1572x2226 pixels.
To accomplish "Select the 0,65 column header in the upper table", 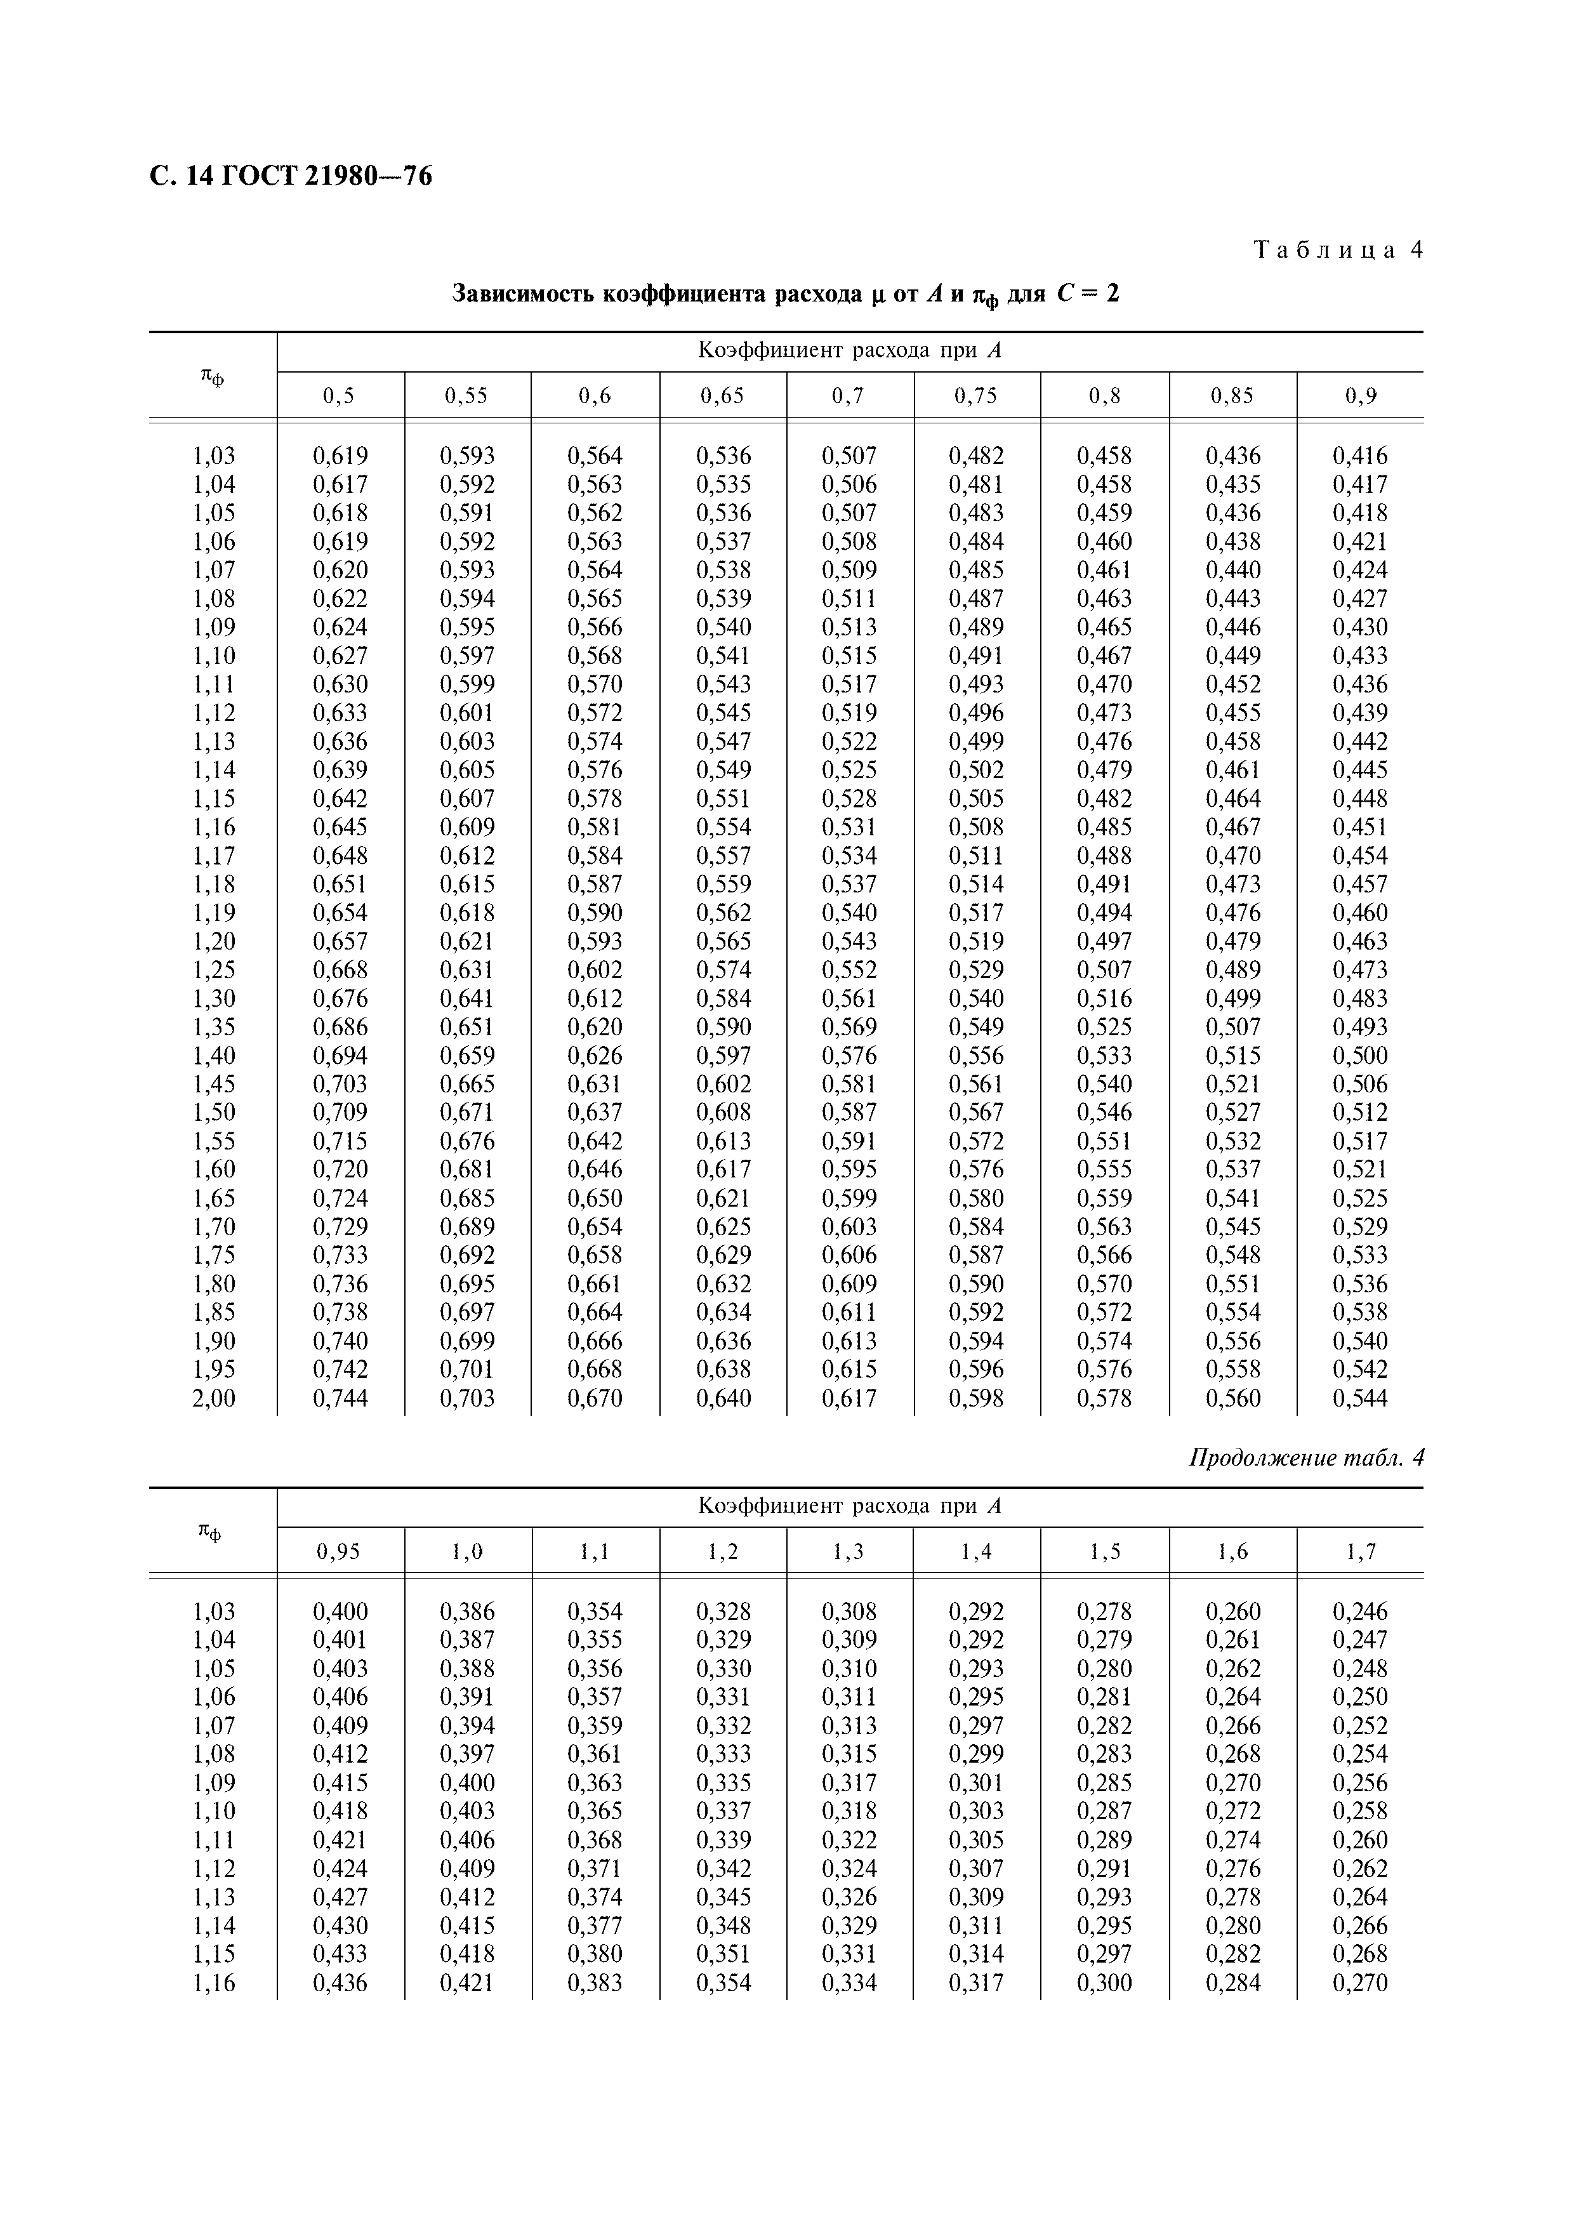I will point(722,395).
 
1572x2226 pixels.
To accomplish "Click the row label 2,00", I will point(213,1398).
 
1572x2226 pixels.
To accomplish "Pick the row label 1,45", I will point(213,1084).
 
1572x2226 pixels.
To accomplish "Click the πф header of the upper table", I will point(212,376).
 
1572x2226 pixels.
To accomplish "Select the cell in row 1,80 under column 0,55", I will point(467,1283).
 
